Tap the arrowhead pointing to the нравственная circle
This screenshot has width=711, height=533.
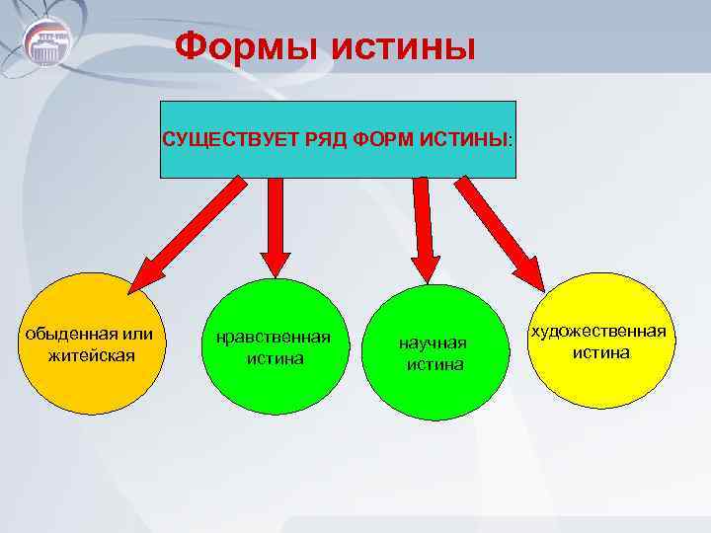(276, 261)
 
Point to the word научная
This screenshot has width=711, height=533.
(432, 343)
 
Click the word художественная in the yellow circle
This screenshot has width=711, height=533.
(598, 331)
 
